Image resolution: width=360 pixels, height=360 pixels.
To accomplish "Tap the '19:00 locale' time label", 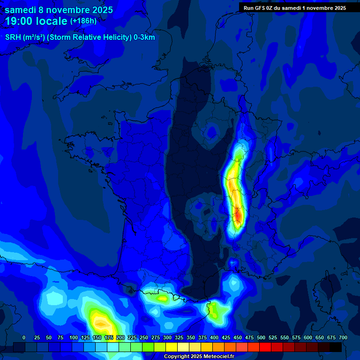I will click(36, 21).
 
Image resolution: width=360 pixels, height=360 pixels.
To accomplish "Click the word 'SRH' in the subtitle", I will click(13, 37).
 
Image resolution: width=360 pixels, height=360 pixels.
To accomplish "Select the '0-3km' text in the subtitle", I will click(145, 37).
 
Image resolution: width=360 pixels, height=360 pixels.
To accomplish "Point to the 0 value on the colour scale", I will click(24, 337).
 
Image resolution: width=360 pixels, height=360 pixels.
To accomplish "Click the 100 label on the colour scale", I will click(74, 337).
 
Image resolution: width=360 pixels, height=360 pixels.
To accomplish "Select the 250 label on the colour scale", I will click(144, 337).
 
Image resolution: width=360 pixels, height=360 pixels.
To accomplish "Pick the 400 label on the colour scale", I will click(214, 337).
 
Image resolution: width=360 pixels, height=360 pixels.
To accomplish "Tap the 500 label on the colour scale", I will click(261, 337).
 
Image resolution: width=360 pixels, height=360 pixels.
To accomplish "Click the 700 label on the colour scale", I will click(343, 337).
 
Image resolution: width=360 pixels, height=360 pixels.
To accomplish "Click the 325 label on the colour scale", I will click(179, 337).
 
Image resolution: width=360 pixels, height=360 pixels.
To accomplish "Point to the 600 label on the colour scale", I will click(308, 337).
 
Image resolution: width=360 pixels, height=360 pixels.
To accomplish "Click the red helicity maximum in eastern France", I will click(238, 215).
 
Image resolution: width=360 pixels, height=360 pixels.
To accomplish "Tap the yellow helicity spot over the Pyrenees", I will click(163, 297).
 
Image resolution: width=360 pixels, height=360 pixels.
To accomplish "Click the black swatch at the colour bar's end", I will click(336, 347).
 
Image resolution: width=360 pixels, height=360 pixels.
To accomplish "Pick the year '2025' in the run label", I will click(339, 7).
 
